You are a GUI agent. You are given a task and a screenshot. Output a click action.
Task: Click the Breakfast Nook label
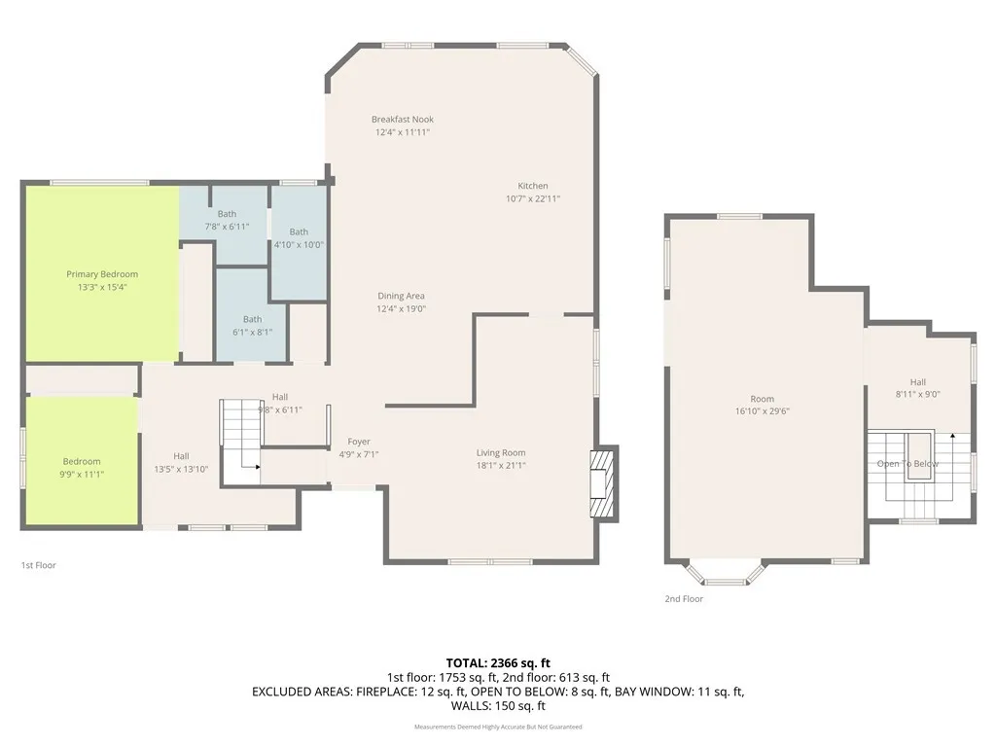tap(402, 120)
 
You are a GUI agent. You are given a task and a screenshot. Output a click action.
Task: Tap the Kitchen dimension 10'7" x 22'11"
tap(533, 198)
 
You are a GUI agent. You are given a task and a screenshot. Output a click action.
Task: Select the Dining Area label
tap(402, 296)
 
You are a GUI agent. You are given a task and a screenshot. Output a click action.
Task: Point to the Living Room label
tap(501, 452)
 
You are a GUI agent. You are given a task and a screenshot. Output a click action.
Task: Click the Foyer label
tap(359, 442)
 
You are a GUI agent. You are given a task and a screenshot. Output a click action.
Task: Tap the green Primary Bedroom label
tap(102, 274)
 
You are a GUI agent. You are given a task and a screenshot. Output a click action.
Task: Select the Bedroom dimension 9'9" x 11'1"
tap(83, 474)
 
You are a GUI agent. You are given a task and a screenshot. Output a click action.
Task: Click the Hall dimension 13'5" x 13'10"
tap(182, 469)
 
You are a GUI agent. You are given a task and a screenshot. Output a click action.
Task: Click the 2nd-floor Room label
tap(762, 399)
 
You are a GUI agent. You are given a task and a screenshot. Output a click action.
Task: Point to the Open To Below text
tap(907, 464)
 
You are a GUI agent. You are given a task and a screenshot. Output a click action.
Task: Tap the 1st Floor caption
tap(39, 565)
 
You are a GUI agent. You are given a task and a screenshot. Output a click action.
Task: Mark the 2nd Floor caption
tap(684, 599)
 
